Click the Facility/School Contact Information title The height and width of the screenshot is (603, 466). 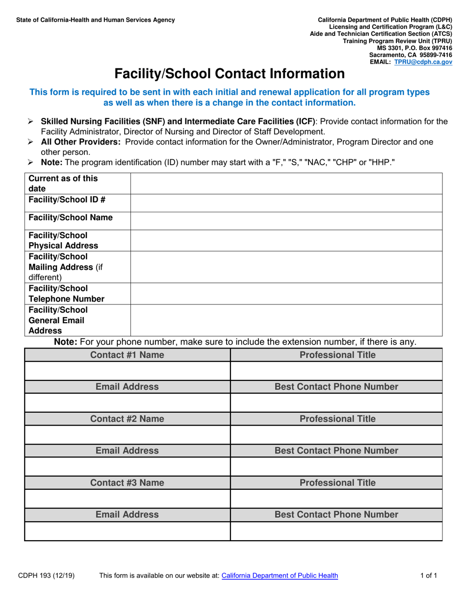229,74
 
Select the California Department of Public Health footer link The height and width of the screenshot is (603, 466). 280,576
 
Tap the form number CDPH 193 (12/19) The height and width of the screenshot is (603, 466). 47,576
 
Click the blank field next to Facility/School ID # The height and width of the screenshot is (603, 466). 286,203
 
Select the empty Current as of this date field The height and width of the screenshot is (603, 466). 286,183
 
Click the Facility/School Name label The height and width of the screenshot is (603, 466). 71,217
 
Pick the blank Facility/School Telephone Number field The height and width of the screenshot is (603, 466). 286,293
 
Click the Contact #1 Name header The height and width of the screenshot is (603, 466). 127,355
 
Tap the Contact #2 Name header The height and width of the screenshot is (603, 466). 127,419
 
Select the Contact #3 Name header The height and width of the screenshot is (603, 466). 127,483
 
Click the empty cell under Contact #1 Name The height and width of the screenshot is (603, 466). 127,371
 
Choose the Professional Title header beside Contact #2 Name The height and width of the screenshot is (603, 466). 337,419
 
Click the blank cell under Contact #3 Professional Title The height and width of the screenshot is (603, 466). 337,499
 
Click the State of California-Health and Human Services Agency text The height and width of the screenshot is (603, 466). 95,20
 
